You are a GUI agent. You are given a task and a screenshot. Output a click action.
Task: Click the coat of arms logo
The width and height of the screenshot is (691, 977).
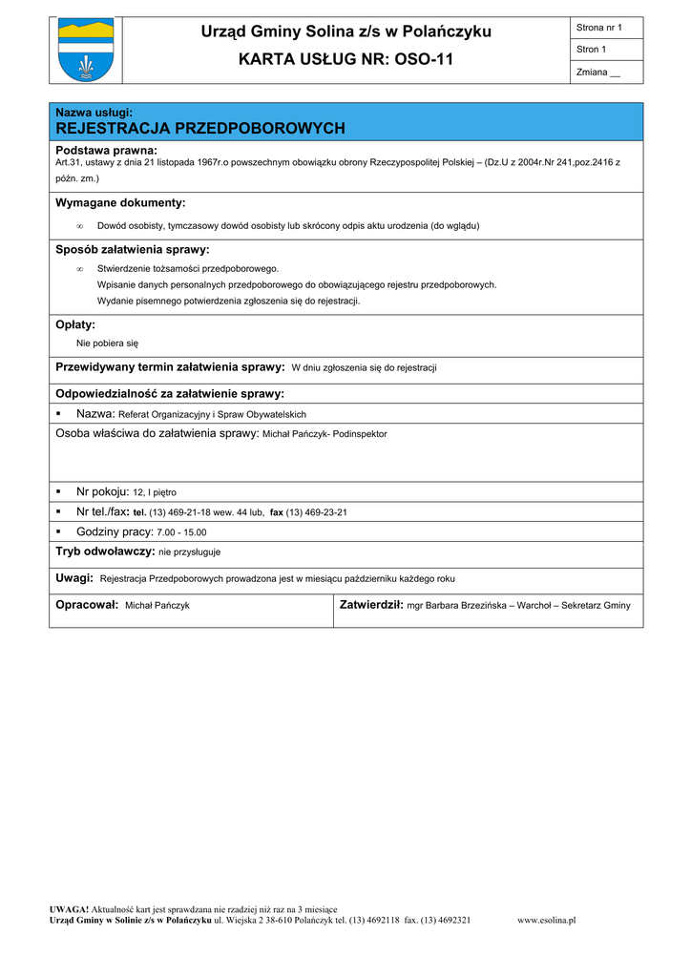click(x=86, y=50)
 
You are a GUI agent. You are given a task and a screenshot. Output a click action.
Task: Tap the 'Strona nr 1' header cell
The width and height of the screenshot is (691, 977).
click(x=599, y=28)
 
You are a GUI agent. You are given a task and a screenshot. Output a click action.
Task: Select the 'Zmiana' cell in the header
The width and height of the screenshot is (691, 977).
click(x=598, y=73)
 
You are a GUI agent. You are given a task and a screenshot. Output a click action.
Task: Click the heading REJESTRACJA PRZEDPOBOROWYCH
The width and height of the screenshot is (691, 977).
click(x=200, y=129)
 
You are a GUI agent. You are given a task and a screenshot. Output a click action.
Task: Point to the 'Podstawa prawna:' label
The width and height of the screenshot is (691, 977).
click(x=106, y=151)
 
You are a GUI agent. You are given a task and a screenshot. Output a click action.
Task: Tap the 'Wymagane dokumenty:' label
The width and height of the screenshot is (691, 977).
click(x=120, y=203)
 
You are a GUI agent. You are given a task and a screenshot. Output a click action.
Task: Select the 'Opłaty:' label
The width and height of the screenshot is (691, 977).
click(x=75, y=325)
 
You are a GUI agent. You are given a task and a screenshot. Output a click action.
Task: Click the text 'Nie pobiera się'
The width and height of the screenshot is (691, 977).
click(x=107, y=343)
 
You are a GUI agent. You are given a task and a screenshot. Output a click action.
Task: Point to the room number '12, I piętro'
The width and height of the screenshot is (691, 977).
click(x=155, y=492)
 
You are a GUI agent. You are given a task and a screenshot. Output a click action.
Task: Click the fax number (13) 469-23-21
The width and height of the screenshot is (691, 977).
click(x=317, y=512)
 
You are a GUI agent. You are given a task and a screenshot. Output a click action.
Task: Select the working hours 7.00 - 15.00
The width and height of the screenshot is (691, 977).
click(x=181, y=532)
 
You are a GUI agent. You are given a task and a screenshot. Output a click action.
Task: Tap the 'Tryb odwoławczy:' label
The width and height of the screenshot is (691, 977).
click(x=105, y=551)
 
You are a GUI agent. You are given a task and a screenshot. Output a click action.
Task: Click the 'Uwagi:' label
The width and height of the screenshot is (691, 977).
click(x=74, y=578)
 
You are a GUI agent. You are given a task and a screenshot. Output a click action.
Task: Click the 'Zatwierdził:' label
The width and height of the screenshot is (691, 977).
click(x=371, y=605)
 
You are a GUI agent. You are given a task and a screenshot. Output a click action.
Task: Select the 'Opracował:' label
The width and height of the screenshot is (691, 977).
click(x=87, y=605)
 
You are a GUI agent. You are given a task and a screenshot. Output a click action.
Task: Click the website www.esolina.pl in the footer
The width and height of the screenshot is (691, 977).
click(x=546, y=921)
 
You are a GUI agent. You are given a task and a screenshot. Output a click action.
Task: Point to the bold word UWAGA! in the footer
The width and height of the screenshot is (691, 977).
click(x=70, y=909)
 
